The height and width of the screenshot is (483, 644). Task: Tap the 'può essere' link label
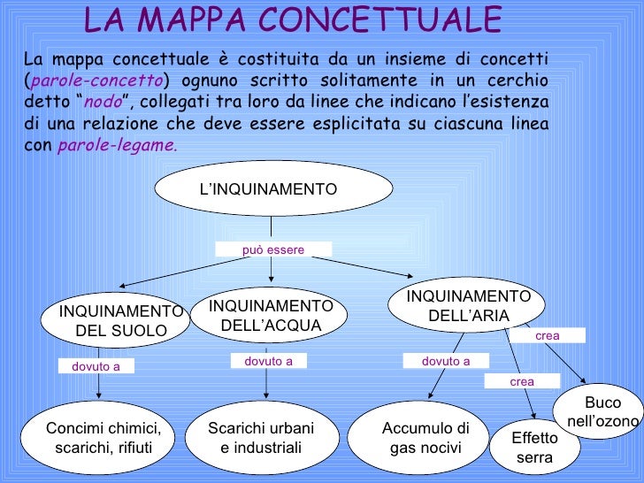(x=273, y=250)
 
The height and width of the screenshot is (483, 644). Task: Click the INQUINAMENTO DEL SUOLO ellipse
(x=120, y=320)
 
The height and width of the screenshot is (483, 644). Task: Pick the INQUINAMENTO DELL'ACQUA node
(x=270, y=315)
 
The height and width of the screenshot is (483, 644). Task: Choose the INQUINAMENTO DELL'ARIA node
(x=468, y=305)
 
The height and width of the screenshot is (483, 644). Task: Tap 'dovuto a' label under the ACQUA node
(x=268, y=361)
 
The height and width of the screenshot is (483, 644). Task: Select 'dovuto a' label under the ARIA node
(x=445, y=361)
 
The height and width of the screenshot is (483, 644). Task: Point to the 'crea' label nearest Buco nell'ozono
(x=547, y=336)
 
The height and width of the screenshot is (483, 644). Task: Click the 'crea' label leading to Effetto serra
(x=522, y=381)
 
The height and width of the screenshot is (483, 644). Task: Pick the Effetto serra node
(x=534, y=448)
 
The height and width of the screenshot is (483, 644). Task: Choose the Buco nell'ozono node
(x=602, y=412)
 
